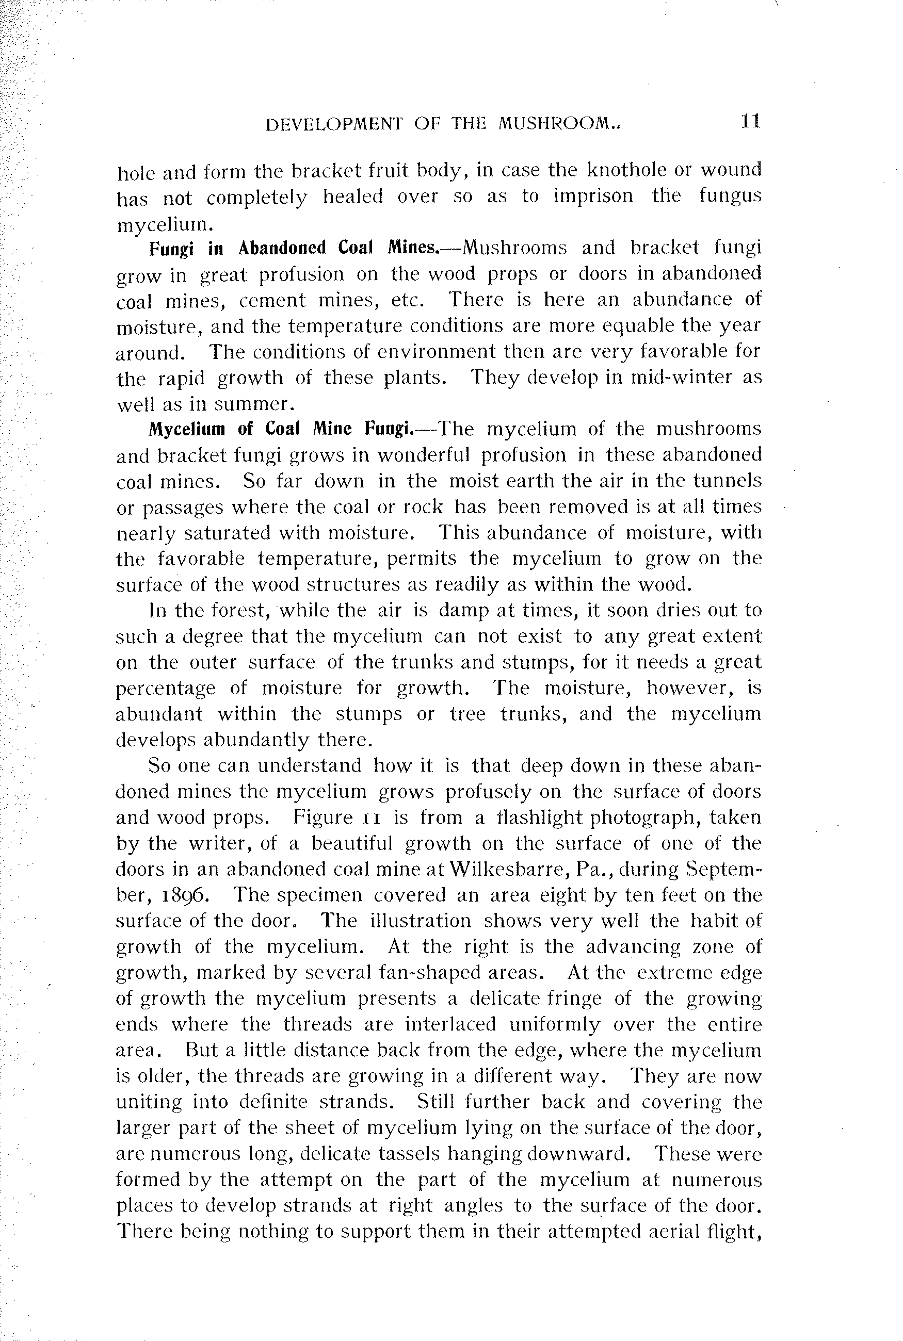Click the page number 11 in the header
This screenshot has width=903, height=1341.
(751, 122)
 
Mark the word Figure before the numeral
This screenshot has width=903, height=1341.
(322, 818)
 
